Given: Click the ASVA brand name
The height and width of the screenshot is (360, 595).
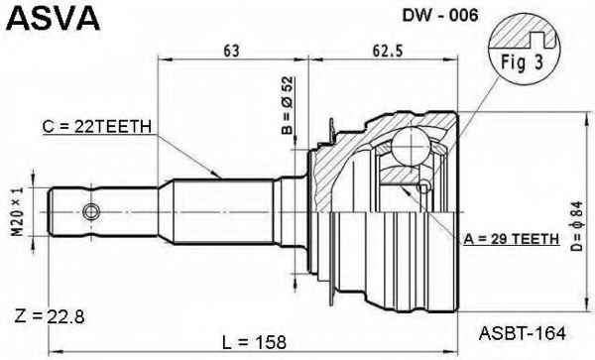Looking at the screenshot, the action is point(54,18).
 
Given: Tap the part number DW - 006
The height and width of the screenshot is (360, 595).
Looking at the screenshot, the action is point(440,15).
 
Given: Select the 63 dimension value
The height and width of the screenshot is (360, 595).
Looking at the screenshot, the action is point(231,51).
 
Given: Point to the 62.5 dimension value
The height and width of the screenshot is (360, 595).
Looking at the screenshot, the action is point(387,51).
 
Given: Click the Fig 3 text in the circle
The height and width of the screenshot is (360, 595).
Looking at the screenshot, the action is point(523,62).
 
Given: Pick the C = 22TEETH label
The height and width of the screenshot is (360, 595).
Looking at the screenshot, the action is point(97,127).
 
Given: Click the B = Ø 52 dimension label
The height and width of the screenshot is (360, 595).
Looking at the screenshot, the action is point(288,105).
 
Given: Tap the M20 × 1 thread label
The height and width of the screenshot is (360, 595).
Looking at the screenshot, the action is point(17,211).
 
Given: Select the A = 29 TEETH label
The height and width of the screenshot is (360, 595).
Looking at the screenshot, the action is point(511,239).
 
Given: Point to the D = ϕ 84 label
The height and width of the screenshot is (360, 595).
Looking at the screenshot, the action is point(576,226).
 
